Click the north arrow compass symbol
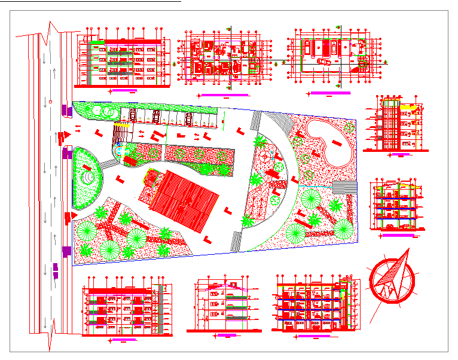pos(392,278)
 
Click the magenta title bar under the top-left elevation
pos(124,90)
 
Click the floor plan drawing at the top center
pos(224,57)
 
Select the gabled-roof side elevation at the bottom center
pos(224,306)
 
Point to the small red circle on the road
pos(50,102)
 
